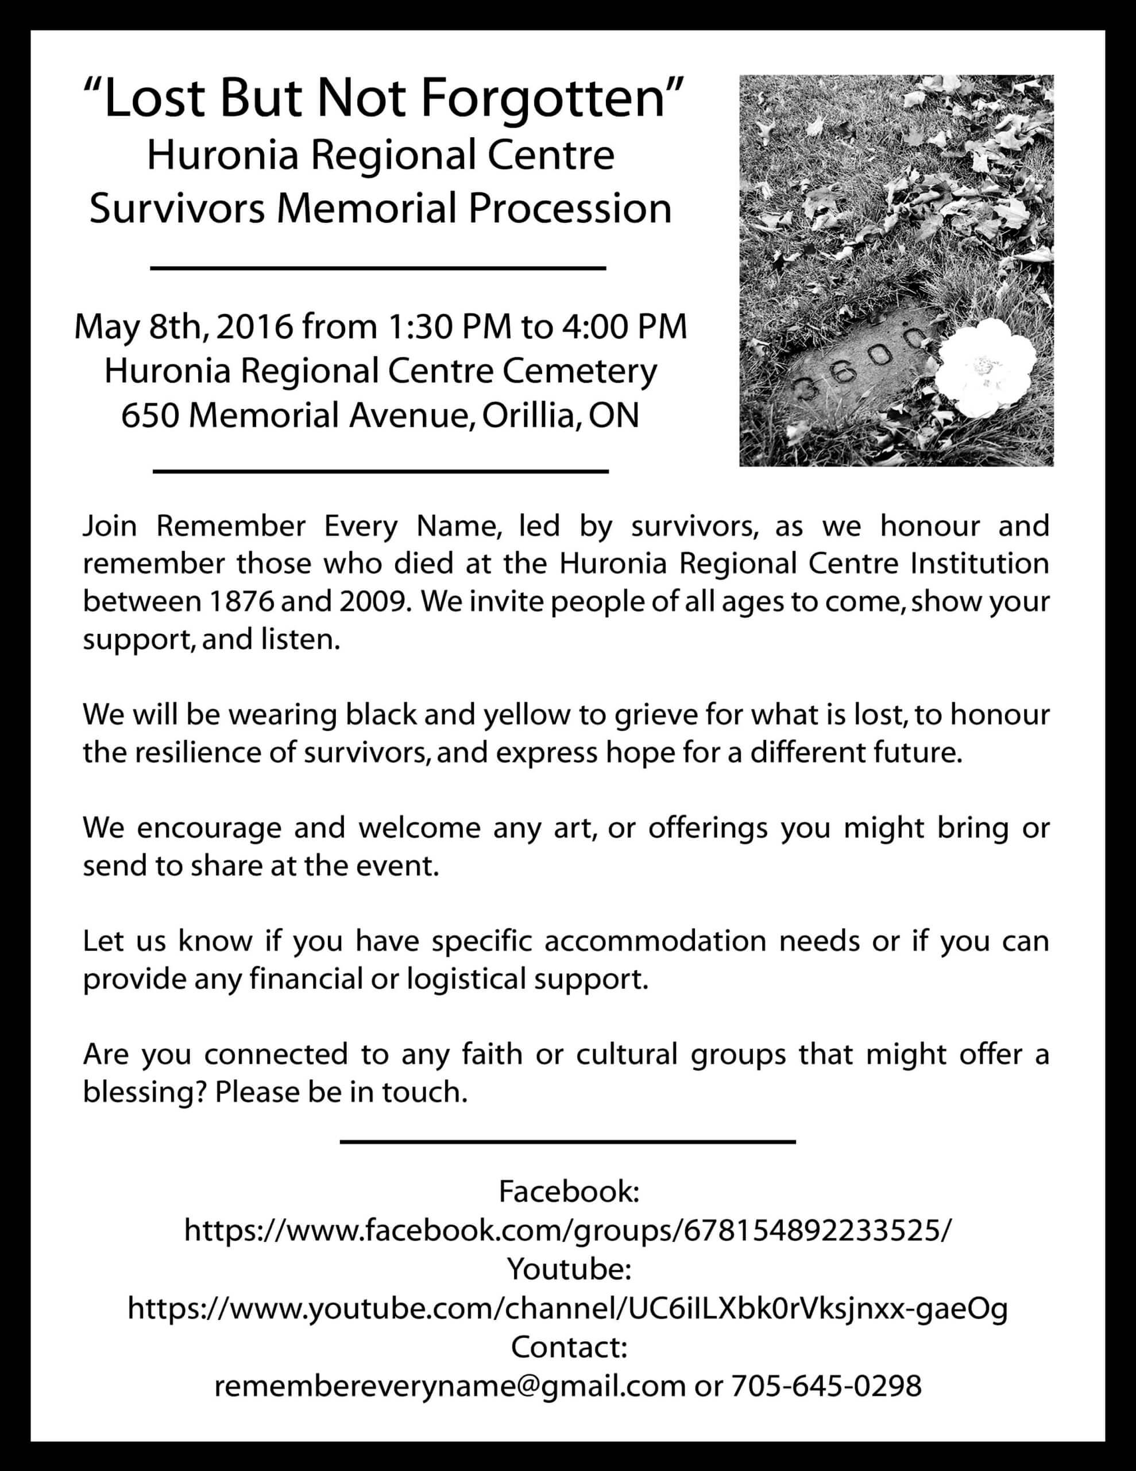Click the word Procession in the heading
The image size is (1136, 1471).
570,209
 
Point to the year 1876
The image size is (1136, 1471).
242,601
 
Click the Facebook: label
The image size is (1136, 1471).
569,1192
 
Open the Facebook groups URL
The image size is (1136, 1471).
569,1231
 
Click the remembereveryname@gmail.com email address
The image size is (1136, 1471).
450,1386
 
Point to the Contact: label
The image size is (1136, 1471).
569,1347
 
